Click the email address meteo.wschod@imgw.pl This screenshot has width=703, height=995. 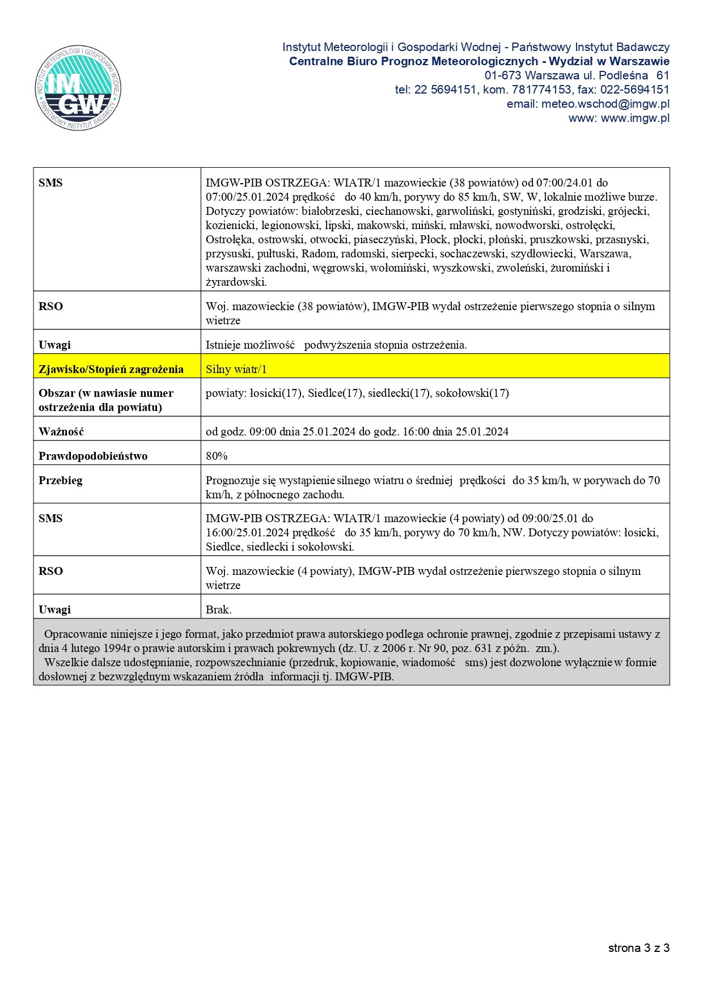click(605, 104)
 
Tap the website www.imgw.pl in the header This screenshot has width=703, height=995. click(635, 118)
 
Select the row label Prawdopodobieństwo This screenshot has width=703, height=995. click(93, 456)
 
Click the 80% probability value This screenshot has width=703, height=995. click(217, 456)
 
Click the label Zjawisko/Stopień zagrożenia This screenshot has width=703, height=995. click(111, 369)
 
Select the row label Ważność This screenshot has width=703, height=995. click(61, 431)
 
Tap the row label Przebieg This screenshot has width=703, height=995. click(61, 480)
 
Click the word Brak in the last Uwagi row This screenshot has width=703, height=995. click(218, 609)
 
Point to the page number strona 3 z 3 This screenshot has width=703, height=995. click(638, 948)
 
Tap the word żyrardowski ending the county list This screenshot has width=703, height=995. click(235, 282)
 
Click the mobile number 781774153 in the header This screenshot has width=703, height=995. click(541, 90)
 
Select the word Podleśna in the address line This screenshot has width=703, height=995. click(623, 75)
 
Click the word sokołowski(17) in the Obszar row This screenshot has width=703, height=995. click(472, 393)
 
